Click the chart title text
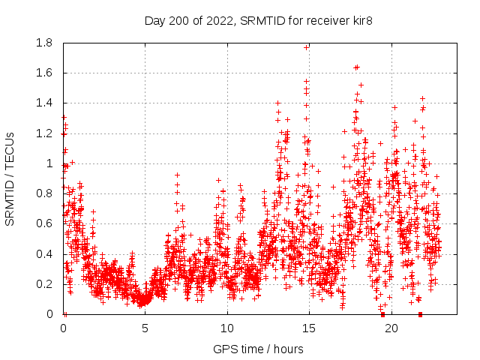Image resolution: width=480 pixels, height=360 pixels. tap(259, 20)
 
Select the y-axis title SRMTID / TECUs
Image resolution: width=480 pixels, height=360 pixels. tap(10, 178)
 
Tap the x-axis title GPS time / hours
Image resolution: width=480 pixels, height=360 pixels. tap(259, 349)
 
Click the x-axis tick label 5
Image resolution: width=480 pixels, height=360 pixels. tap(145, 328)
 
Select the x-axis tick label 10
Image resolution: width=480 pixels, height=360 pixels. tap(227, 328)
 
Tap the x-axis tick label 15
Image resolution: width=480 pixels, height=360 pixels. tap(309, 328)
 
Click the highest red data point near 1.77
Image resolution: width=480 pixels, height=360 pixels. tap(306, 47)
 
